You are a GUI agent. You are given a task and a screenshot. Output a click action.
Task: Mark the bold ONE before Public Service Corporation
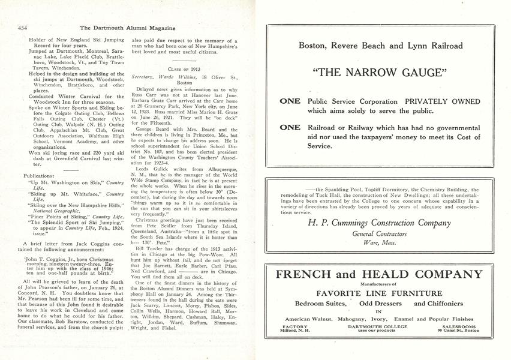coord(290,101)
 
